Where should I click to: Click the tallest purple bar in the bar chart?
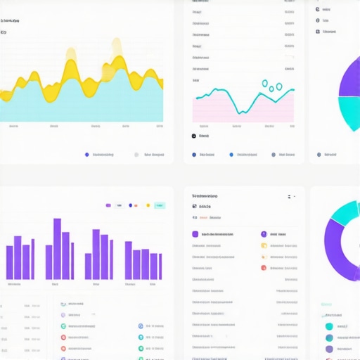57,249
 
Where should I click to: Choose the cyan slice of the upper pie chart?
349,112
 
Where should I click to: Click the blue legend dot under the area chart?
86,154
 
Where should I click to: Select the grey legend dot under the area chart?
136,154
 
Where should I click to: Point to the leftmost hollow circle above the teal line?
265,84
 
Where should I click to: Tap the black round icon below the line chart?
194,136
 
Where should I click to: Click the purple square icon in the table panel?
195,234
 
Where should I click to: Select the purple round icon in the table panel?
264,234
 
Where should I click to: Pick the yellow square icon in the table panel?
264,246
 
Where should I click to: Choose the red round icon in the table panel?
264,257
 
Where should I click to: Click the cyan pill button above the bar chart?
160,205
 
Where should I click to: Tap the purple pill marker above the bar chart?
108,205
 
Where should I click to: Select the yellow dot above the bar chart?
148,205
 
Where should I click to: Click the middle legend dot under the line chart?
231,154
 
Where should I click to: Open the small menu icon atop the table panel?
290,196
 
